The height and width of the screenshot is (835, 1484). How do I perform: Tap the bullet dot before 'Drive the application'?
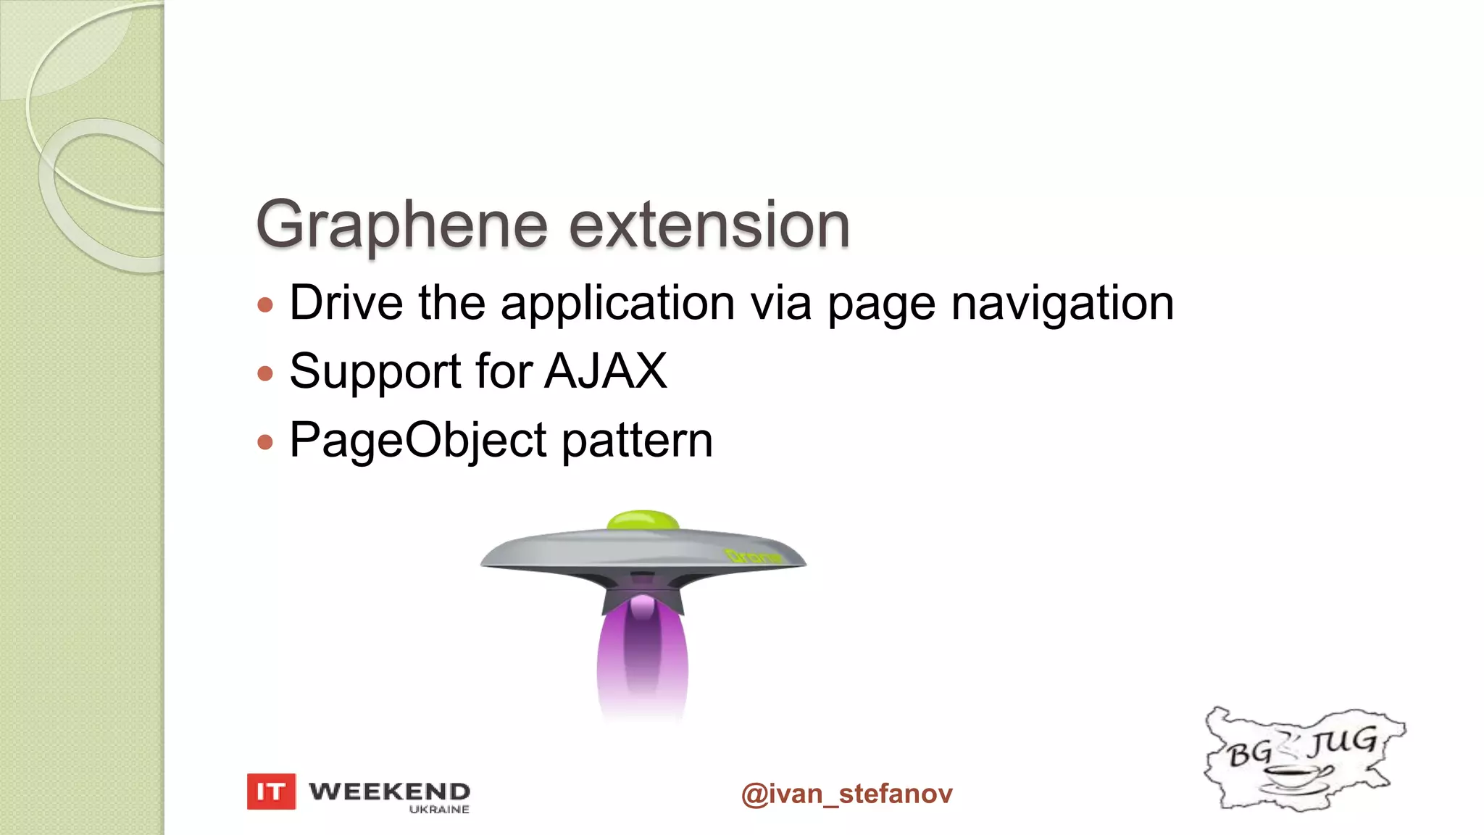pyautogui.click(x=265, y=304)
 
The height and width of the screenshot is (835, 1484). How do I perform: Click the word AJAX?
pyautogui.click(x=606, y=371)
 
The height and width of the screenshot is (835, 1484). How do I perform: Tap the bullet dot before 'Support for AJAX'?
pyautogui.click(x=265, y=373)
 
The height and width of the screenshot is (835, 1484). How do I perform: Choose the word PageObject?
pyautogui.click(x=418, y=441)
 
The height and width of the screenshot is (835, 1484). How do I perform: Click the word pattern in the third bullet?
pyautogui.click(x=637, y=441)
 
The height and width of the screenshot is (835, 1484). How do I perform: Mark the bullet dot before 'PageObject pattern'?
pyautogui.click(x=265, y=441)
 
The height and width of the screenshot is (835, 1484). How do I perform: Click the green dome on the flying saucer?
pyautogui.click(x=643, y=520)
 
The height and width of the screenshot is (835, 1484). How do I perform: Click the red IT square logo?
pyautogui.click(x=271, y=792)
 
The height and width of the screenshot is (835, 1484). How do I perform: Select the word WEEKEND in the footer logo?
pyautogui.click(x=389, y=791)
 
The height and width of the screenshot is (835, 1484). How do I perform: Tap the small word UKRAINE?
pyautogui.click(x=439, y=810)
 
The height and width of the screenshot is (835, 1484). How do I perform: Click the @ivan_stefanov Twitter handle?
pyautogui.click(x=846, y=794)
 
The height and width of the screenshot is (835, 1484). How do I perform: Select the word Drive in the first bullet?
pyautogui.click(x=346, y=303)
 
